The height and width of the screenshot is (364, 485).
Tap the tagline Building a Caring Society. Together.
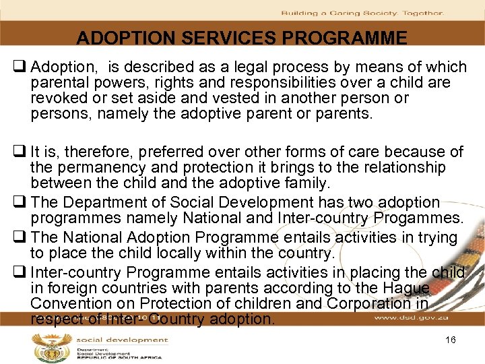click(362, 13)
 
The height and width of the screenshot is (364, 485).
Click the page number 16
click(451, 340)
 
